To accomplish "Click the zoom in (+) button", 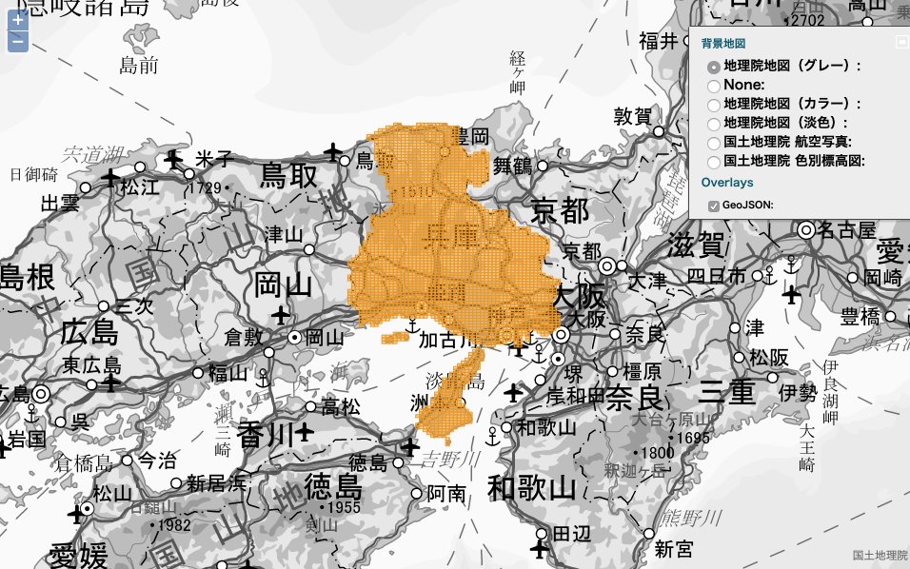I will pos(17,20).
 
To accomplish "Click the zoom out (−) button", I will pos(17,41).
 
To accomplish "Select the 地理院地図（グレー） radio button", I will pos(713,68).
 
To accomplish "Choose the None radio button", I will pos(713,86).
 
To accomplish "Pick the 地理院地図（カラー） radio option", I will pos(713,104).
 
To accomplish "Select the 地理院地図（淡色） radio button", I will pos(713,123).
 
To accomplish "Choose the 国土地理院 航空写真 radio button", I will pos(713,142).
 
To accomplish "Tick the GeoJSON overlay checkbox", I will pos(713,205).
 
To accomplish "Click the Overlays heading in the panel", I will pos(727,182).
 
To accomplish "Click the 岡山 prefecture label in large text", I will pos(284,284).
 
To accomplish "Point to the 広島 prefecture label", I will pos(88,333).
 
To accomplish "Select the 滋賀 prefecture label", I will pos(698,245).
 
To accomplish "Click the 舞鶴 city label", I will pos(512,166).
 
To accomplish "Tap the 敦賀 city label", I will pos(632,116).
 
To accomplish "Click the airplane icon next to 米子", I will pos(173,158).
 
